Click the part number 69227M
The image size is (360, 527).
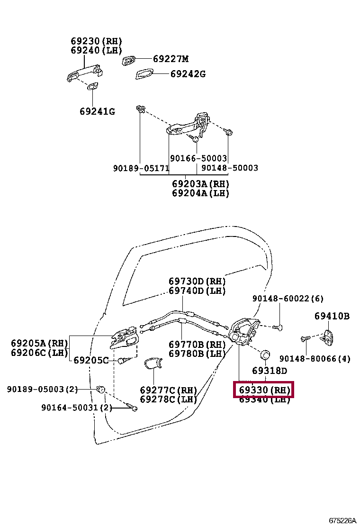click(171, 59)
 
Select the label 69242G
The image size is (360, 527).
click(188, 74)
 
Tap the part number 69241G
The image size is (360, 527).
click(97, 112)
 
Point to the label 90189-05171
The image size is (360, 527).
click(140, 168)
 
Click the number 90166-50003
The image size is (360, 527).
click(198, 158)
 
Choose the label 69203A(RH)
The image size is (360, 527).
click(200, 184)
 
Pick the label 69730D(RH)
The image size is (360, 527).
click(197, 281)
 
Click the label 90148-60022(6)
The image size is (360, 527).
click(288, 299)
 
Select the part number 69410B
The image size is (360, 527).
click(332, 316)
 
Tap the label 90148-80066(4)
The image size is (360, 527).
click(315, 359)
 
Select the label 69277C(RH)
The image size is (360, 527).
click(168, 390)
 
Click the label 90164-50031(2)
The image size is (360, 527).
click(77, 407)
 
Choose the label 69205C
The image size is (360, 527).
click(91, 360)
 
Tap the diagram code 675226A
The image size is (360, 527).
click(342, 520)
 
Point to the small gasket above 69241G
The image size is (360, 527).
click(92, 86)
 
